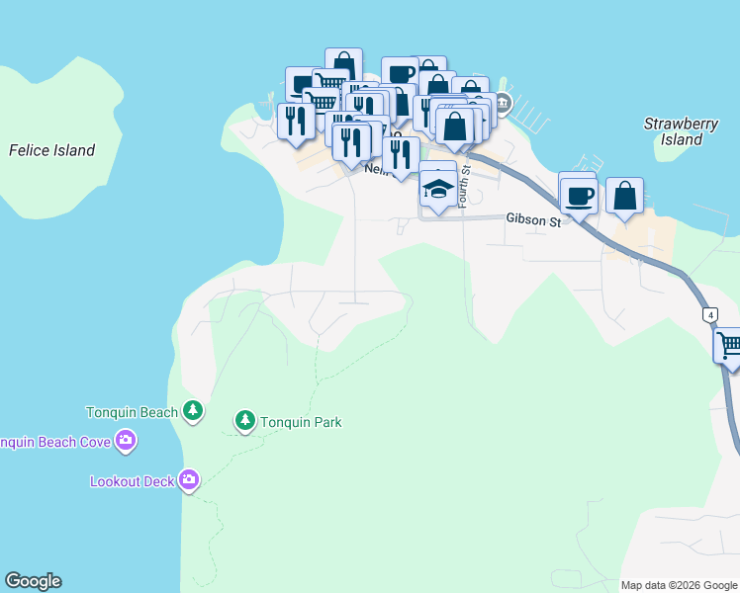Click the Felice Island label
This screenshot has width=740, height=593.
pyautogui.click(x=51, y=151)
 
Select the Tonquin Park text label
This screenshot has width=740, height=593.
pyautogui.click(x=301, y=422)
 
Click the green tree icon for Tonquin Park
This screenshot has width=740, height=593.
pyautogui.click(x=244, y=422)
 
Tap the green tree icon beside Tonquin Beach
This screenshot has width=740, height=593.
pyautogui.click(x=193, y=411)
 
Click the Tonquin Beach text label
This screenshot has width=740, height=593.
pyautogui.click(x=132, y=412)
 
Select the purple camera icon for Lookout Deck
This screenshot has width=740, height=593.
pyautogui.click(x=189, y=481)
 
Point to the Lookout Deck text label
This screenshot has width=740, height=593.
pyautogui.click(x=132, y=481)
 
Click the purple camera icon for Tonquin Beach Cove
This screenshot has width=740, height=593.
pyautogui.click(x=125, y=441)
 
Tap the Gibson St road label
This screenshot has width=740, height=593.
pyautogui.click(x=533, y=220)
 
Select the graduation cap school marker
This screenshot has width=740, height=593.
pyautogui.click(x=438, y=188)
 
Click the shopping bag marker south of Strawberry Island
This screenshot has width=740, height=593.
pyautogui.click(x=624, y=196)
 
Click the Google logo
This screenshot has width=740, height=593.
pyautogui.click(x=33, y=581)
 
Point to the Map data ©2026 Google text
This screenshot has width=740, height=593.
pyautogui.click(x=680, y=585)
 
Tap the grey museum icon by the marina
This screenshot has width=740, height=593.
pyautogui.click(x=503, y=102)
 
